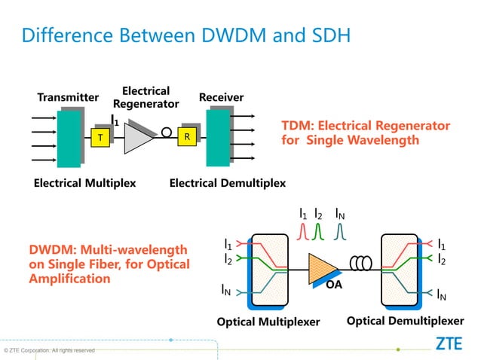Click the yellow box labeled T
pyautogui.click(x=99, y=137)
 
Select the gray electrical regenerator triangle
pyautogui.click(x=139, y=137)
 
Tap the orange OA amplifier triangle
pyautogui.click(x=323, y=267)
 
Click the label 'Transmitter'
pyautogui.click(x=68, y=98)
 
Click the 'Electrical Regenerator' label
pyautogui.click(x=146, y=97)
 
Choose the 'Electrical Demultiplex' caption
pyautogui.click(x=227, y=183)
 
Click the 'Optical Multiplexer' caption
pyautogui.click(x=268, y=322)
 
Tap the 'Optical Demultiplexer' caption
pyautogui.click(x=405, y=322)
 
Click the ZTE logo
pyautogui.click(x=450, y=344)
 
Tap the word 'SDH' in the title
pyautogui.click(x=324, y=35)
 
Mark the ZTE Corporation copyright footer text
pyautogui.click(x=49, y=350)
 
